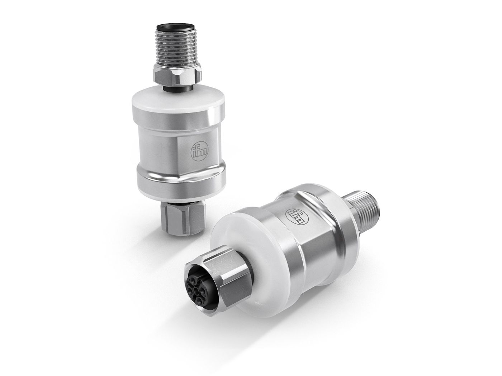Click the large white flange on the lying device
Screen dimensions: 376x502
247,265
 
